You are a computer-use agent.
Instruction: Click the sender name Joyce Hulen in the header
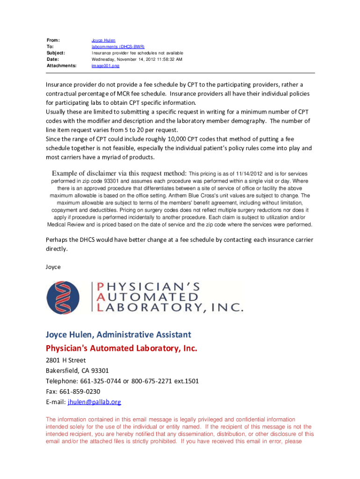[103, 41]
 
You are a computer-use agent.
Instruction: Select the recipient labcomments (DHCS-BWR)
[118, 47]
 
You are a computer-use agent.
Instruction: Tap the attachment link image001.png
[105, 66]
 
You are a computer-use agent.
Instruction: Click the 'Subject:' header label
[56, 53]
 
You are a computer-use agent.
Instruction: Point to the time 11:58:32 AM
[166, 59]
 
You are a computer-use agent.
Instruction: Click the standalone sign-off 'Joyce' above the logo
[53, 267]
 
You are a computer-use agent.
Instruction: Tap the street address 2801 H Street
[65, 361]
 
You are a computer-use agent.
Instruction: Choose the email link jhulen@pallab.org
[94, 402]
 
